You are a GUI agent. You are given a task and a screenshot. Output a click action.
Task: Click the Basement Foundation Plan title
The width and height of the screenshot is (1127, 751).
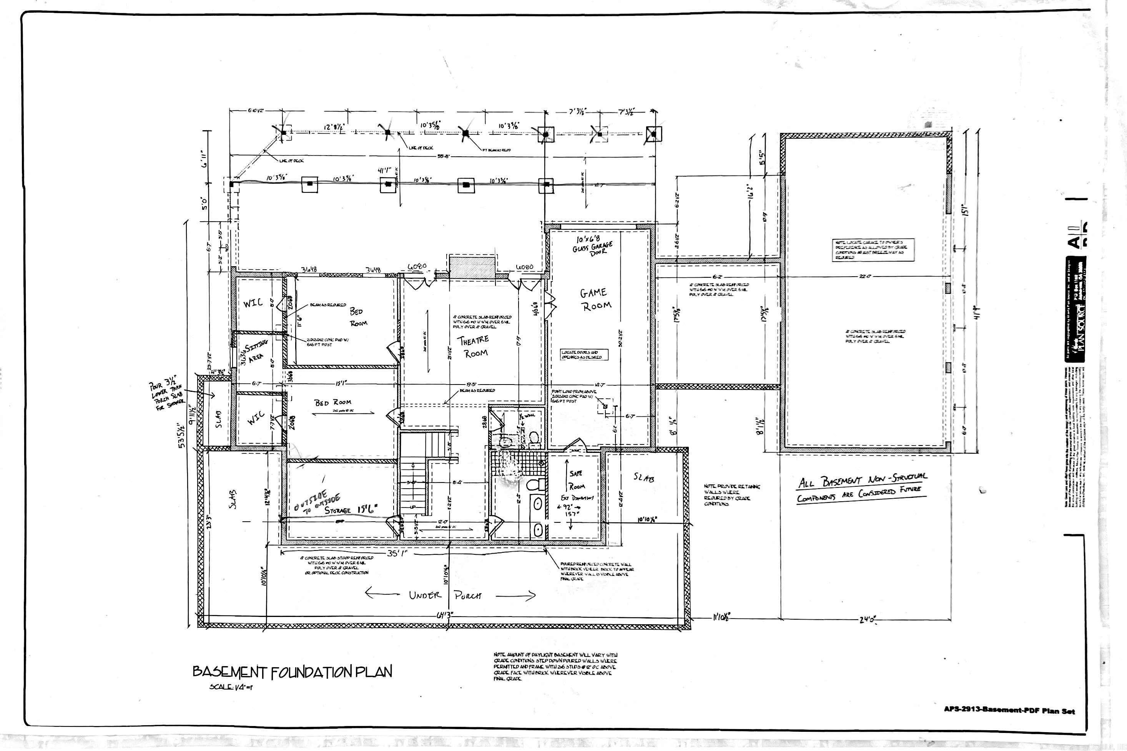292,671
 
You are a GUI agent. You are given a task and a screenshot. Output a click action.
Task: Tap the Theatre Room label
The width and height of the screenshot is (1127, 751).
474,346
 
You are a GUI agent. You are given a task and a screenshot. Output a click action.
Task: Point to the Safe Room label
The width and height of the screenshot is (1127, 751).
576,479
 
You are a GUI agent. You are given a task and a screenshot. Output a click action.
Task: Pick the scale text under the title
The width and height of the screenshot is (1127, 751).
231,687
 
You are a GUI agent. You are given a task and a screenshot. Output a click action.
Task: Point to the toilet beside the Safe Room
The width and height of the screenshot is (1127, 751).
533,485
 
